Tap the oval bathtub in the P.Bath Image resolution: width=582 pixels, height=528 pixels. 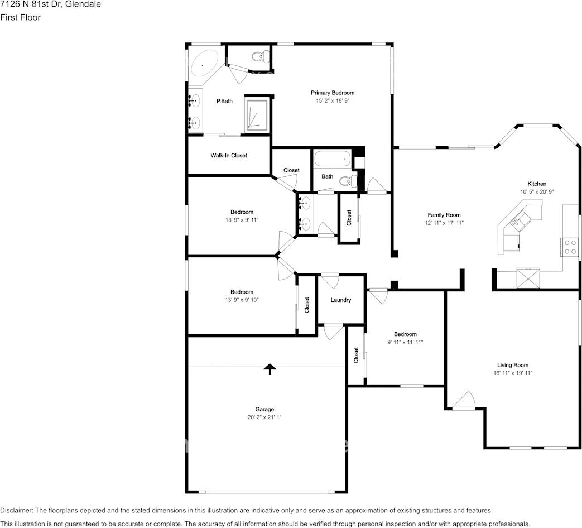pyautogui.click(x=203, y=64)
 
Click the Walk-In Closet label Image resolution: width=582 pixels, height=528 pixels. pyautogui.click(x=229, y=156)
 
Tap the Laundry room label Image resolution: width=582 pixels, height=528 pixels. pyautogui.click(x=341, y=300)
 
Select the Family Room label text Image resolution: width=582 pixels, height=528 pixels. pyautogui.click(x=444, y=215)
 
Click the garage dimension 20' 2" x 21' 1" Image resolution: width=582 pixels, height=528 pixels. pyautogui.click(x=264, y=417)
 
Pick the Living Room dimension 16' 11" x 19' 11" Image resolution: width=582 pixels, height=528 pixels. pyautogui.click(x=513, y=373)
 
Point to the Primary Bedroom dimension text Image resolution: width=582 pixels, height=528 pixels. pyautogui.click(x=332, y=100)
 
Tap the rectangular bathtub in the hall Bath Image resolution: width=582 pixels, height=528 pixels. pyautogui.click(x=333, y=159)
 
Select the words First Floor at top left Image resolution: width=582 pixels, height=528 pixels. pyautogui.click(x=21, y=17)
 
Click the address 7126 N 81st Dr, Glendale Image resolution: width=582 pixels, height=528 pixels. pyautogui.click(x=50, y=4)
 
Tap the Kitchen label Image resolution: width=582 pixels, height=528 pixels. pyautogui.click(x=537, y=184)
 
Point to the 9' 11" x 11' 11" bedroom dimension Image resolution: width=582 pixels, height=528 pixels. pyautogui.click(x=405, y=342)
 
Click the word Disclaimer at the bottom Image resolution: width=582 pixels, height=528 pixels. pyautogui.click(x=17, y=511)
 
